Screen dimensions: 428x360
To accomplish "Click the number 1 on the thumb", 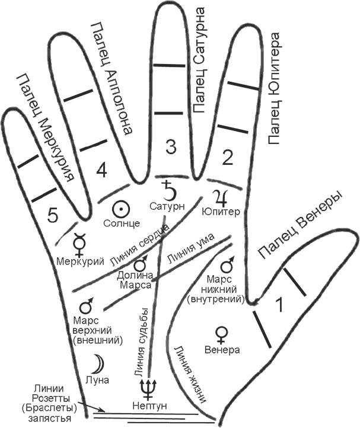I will pyautogui.click(x=279, y=305).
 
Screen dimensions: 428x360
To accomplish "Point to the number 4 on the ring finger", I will pyautogui.click(x=101, y=171).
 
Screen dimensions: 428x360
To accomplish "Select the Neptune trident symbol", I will pyautogui.click(x=146, y=387).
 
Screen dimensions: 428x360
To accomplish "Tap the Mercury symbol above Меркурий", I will pyautogui.click(x=78, y=242).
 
